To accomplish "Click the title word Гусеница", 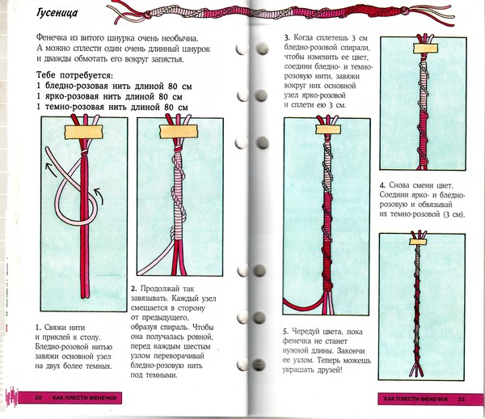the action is coord(57,13).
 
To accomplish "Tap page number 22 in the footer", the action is coord(38,398).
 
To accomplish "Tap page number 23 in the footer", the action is coord(462,400).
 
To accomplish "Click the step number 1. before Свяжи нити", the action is coord(38,328).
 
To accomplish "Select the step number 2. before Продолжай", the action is coord(133,289).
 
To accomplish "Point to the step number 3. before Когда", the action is coord(287,38).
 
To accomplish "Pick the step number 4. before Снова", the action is coord(382,186).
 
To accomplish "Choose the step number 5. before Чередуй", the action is coord(285,332).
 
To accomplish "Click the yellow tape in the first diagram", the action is coord(83,132).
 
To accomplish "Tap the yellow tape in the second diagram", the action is coord(179,132).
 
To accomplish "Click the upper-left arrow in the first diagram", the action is coord(51,170).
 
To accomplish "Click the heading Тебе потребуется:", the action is coord(74,75).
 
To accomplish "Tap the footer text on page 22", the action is coord(84,398).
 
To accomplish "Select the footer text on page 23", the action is coord(415,400).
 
